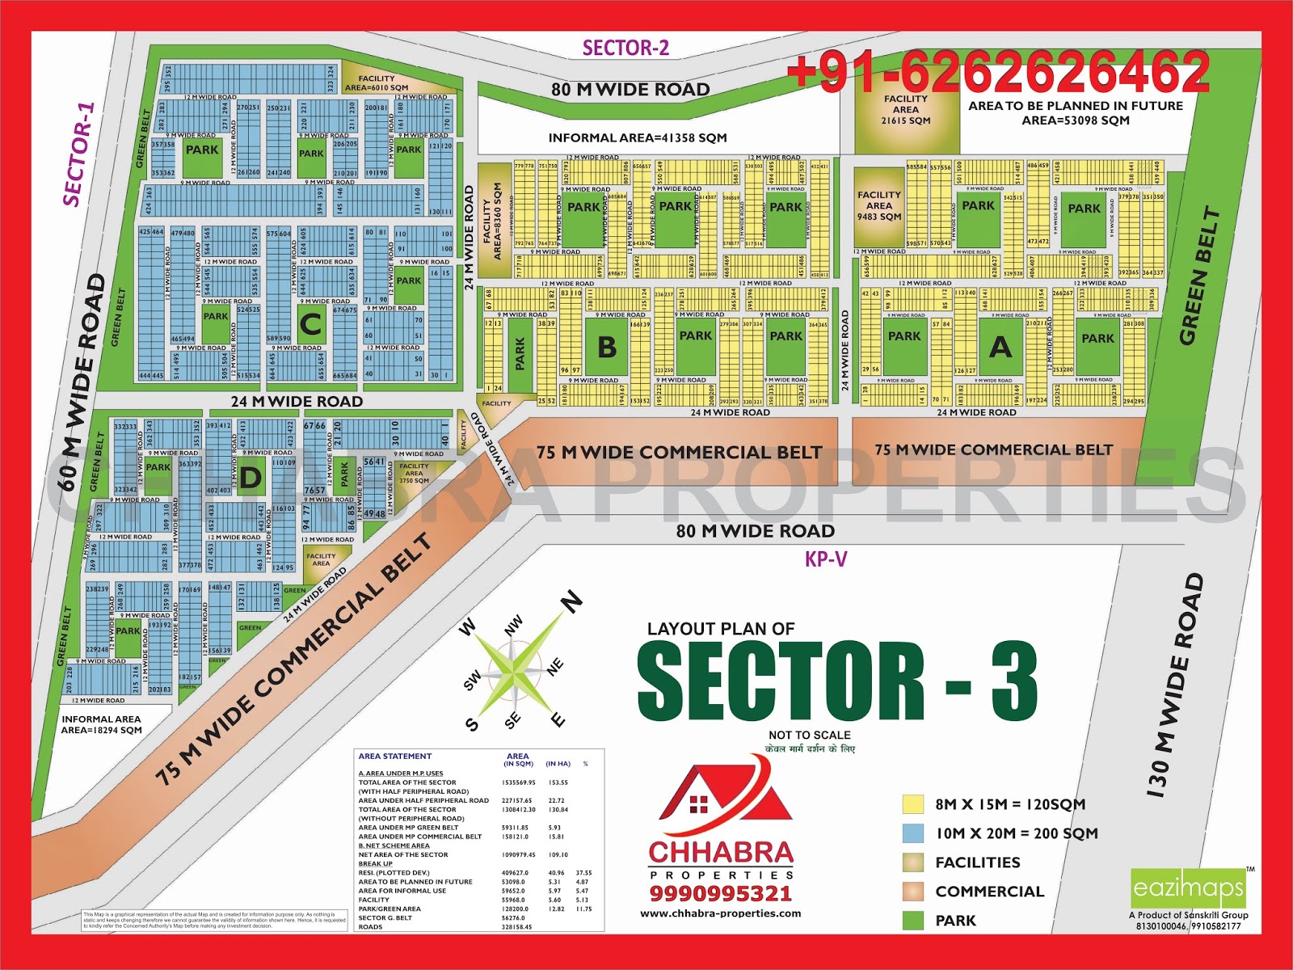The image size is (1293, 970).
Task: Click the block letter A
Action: point(1000,348)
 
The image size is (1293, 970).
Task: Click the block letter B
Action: point(607,348)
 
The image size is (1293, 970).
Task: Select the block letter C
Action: point(311,325)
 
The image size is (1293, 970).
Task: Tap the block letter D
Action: point(251,478)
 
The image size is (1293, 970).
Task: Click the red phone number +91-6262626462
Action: point(998,73)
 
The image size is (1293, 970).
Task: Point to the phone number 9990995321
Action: point(721,893)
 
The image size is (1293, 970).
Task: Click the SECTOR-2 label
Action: point(625,48)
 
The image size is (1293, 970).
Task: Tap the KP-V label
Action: point(826,559)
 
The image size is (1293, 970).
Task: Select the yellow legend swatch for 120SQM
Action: point(913,804)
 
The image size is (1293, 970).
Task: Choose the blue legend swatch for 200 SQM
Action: point(913,833)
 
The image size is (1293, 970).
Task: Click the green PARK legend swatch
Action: point(913,921)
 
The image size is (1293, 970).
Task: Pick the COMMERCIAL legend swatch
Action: point(913,892)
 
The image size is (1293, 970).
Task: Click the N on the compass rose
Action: point(572,601)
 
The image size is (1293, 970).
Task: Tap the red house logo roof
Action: point(725,800)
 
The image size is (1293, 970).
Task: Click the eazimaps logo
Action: point(1188,888)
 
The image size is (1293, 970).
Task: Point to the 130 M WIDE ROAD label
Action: point(1176,687)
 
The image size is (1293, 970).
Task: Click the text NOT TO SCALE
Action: point(810,735)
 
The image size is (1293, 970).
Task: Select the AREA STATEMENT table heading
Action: point(395,757)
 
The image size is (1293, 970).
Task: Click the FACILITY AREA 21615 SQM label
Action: point(906,110)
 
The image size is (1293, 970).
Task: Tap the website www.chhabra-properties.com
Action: point(721,913)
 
